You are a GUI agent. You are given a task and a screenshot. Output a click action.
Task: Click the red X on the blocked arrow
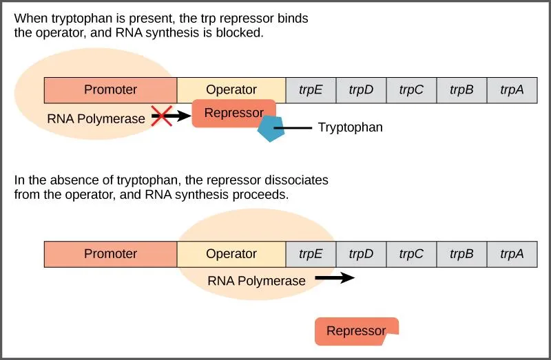161,116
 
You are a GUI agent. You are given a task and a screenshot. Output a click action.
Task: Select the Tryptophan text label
350,127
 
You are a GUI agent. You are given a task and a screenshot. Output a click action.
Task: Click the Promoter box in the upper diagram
110,89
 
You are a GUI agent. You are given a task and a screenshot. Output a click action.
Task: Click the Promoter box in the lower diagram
110,254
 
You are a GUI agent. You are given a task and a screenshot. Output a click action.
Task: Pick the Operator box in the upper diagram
231,89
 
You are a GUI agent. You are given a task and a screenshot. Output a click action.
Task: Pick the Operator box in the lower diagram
231,254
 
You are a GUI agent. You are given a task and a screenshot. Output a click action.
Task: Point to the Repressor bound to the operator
233,113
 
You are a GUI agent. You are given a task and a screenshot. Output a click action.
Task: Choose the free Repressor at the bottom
356,331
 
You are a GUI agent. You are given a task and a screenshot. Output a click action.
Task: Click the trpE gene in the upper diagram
311,89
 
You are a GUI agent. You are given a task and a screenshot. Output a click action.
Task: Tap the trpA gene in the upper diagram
512,89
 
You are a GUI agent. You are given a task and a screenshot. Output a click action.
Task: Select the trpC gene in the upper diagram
411,89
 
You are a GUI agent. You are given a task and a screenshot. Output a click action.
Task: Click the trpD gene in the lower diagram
361,254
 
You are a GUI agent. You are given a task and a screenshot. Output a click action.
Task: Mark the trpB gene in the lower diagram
461,254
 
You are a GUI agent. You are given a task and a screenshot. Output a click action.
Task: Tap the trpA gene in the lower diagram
512,254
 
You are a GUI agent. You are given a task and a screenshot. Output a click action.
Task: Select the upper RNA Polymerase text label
96,118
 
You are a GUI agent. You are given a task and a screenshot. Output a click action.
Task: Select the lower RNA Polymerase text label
256,281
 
